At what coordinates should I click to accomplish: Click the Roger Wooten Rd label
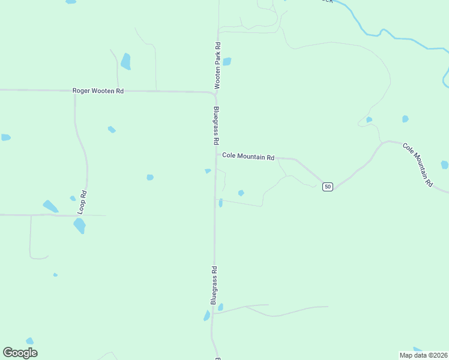(98, 91)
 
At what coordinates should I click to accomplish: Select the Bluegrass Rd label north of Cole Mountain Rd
(215, 126)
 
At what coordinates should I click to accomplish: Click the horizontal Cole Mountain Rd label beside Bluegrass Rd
(248, 156)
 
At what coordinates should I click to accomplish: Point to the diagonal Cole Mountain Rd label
(417, 165)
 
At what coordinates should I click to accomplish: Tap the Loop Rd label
(83, 203)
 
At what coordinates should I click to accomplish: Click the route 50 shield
(327, 187)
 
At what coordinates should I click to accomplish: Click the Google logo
(20, 353)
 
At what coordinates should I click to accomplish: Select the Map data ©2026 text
(423, 355)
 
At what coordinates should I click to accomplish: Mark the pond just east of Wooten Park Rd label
(227, 61)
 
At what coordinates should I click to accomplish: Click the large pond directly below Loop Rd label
(79, 226)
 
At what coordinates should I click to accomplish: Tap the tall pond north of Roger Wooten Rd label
(125, 61)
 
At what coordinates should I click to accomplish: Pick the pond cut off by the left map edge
(5, 137)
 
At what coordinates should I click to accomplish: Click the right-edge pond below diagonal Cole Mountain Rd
(444, 164)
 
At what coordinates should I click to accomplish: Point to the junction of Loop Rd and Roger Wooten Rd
(75, 91)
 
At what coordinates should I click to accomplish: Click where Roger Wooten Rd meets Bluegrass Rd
(215, 93)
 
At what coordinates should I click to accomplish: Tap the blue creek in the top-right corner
(384, 34)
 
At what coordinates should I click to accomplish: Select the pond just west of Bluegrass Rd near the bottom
(207, 316)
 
